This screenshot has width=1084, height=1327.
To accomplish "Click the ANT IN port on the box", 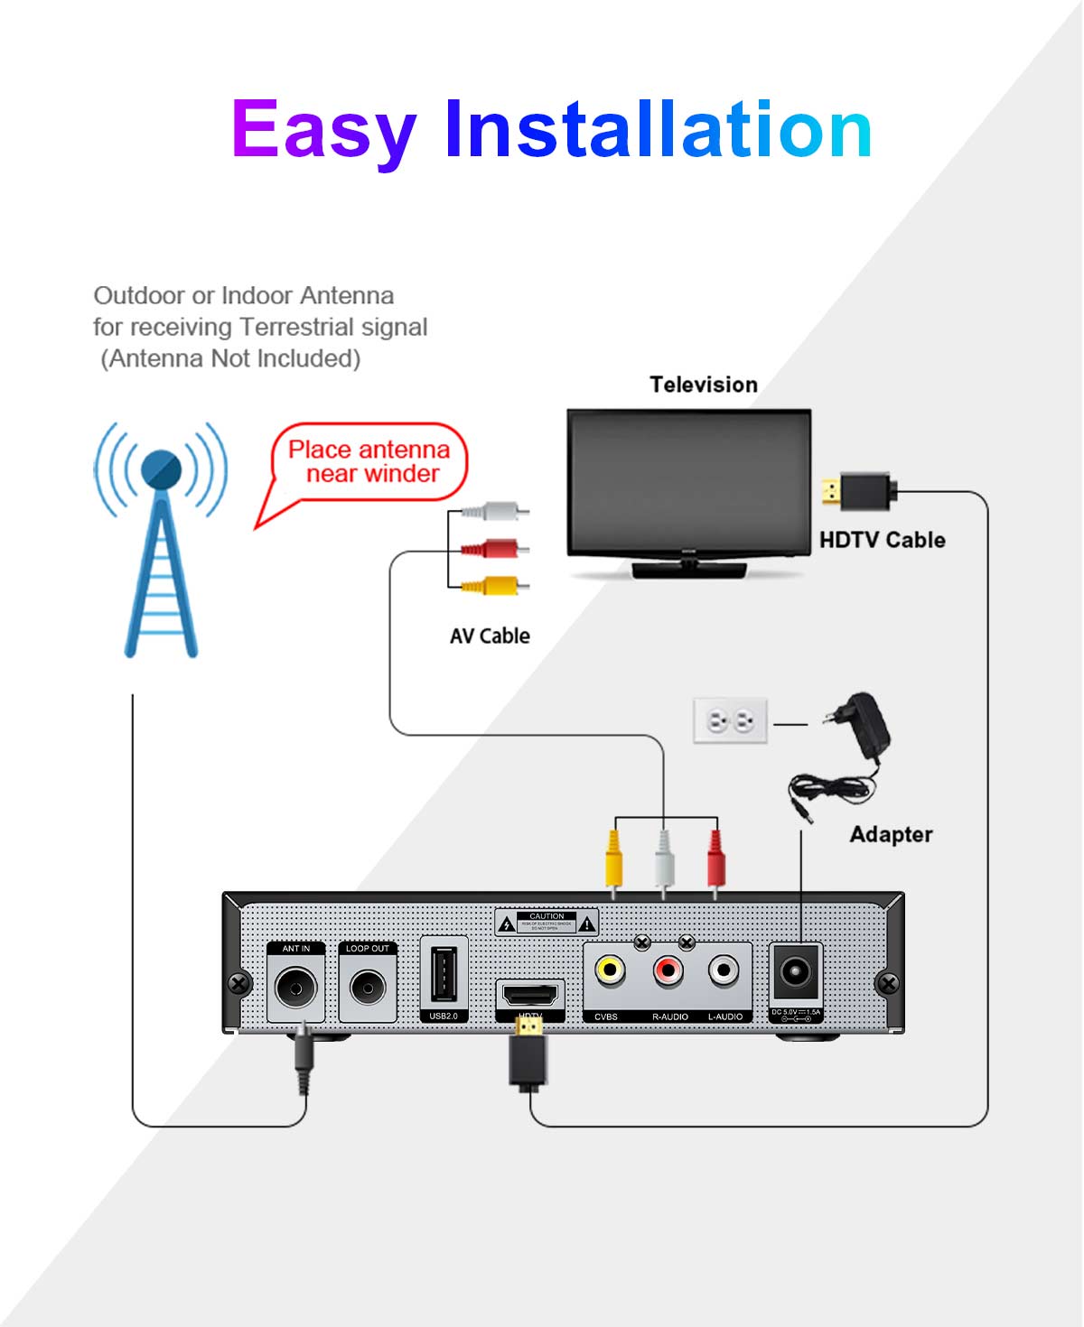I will pyautogui.click(x=296, y=988).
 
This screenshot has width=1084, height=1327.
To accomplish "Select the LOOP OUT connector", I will pyautogui.click(x=368, y=988).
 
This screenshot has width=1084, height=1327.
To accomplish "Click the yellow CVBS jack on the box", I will pyautogui.click(x=611, y=971).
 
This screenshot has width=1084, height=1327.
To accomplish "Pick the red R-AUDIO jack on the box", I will pyautogui.click(x=668, y=971).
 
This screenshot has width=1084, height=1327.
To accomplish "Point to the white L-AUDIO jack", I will pyautogui.click(x=724, y=971).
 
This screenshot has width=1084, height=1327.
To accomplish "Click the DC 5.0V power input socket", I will pyautogui.click(x=795, y=973).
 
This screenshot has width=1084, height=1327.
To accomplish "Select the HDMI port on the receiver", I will pyautogui.click(x=530, y=996).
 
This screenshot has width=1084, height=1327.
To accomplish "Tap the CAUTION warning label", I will pyautogui.click(x=547, y=922).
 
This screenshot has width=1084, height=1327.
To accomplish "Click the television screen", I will pyautogui.click(x=688, y=482).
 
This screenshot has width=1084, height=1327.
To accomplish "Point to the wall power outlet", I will pyautogui.click(x=730, y=720).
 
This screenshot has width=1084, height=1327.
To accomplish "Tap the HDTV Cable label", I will pyautogui.click(x=882, y=540).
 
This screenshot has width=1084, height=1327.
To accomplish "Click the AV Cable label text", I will pyautogui.click(x=490, y=636).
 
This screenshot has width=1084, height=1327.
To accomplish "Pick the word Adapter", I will pyautogui.click(x=891, y=834).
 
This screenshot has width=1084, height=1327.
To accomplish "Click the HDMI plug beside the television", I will pyautogui.click(x=859, y=492).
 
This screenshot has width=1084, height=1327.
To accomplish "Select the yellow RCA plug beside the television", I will pyautogui.click(x=493, y=586).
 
